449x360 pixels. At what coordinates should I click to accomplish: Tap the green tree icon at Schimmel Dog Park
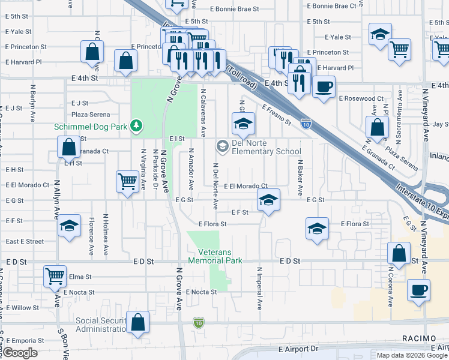click(x=138, y=125)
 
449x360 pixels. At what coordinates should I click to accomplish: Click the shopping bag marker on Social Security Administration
click(x=138, y=323)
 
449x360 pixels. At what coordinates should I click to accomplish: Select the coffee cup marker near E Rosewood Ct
click(x=324, y=86)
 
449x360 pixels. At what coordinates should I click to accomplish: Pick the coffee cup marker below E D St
click(x=418, y=290)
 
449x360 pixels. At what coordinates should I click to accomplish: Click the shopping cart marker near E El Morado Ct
click(x=127, y=181)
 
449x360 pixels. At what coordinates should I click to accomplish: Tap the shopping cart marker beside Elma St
click(x=55, y=277)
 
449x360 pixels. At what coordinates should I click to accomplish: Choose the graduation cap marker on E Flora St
click(x=317, y=229)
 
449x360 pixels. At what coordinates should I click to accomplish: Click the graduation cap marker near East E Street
click(x=70, y=226)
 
